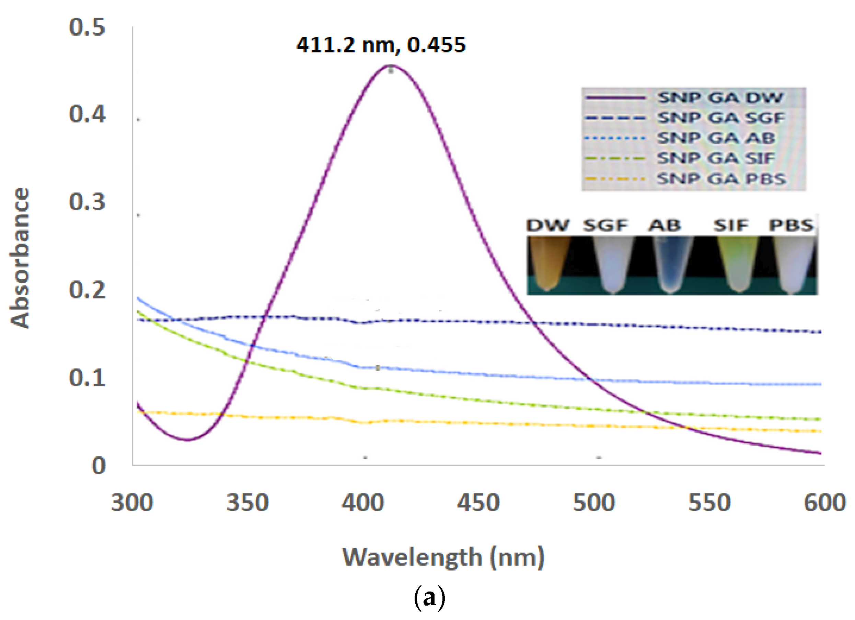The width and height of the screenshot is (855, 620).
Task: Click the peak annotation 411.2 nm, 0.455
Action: pos(381,45)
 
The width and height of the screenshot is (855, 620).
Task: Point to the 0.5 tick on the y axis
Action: pos(87,27)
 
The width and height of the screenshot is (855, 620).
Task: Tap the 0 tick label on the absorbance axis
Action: pos(99,466)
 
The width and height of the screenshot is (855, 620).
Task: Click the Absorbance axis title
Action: pos(20,258)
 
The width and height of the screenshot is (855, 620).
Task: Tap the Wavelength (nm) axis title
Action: pos(443,558)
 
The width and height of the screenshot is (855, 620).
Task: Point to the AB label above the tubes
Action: pos(664,225)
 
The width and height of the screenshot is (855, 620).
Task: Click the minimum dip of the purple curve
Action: pos(188,440)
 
